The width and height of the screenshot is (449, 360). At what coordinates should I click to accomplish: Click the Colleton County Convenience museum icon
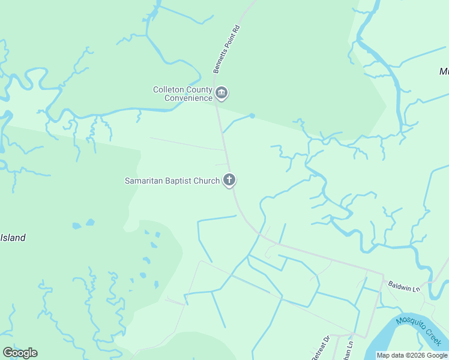coord(221,93)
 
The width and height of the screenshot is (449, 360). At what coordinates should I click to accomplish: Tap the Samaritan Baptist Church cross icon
coord(229,179)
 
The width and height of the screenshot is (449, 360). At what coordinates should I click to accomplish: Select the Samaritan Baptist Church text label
coord(172,180)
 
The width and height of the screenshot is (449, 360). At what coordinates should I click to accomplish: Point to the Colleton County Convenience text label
coord(182,94)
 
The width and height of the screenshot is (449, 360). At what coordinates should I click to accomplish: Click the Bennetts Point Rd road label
coord(226,49)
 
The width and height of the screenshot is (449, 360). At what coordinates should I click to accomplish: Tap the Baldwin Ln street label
coord(402,286)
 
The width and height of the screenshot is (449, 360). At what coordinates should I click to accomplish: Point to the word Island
coord(13,238)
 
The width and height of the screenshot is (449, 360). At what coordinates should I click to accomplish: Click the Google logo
coord(20,353)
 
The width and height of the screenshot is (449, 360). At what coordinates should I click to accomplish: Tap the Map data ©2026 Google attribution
coord(411,355)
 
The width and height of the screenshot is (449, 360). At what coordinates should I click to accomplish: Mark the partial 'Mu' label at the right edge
coord(444,71)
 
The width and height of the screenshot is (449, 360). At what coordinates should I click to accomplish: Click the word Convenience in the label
coord(188,98)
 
